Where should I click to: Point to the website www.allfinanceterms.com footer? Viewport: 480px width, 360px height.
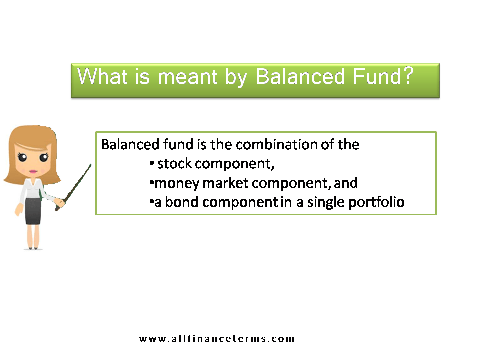pyautogui.click(x=217, y=339)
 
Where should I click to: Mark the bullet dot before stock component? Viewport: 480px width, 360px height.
pyautogui.click(x=151, y=163)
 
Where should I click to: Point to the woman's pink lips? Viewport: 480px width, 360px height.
pyautogui.click(x=33, y=171)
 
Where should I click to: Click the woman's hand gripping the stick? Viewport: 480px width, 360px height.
pyautogui.click(x=60, y=202)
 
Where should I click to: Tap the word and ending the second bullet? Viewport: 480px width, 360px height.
pyautogui.click(x=346, y=183)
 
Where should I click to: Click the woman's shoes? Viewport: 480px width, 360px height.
pyautogui.click(x=34, y=247)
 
